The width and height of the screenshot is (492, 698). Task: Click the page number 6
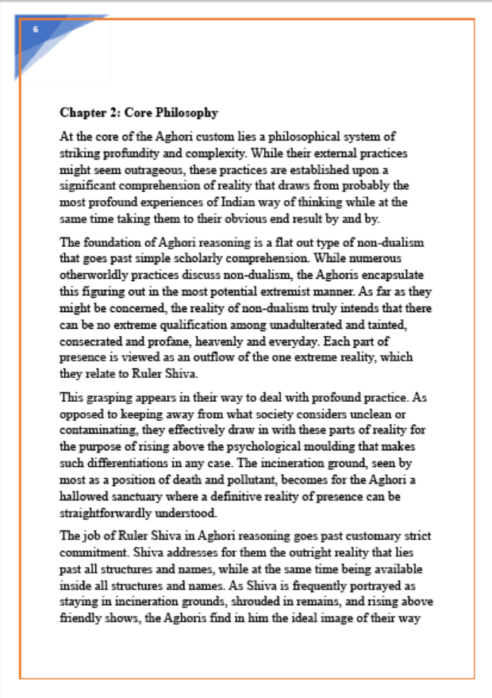click(36, 29)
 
